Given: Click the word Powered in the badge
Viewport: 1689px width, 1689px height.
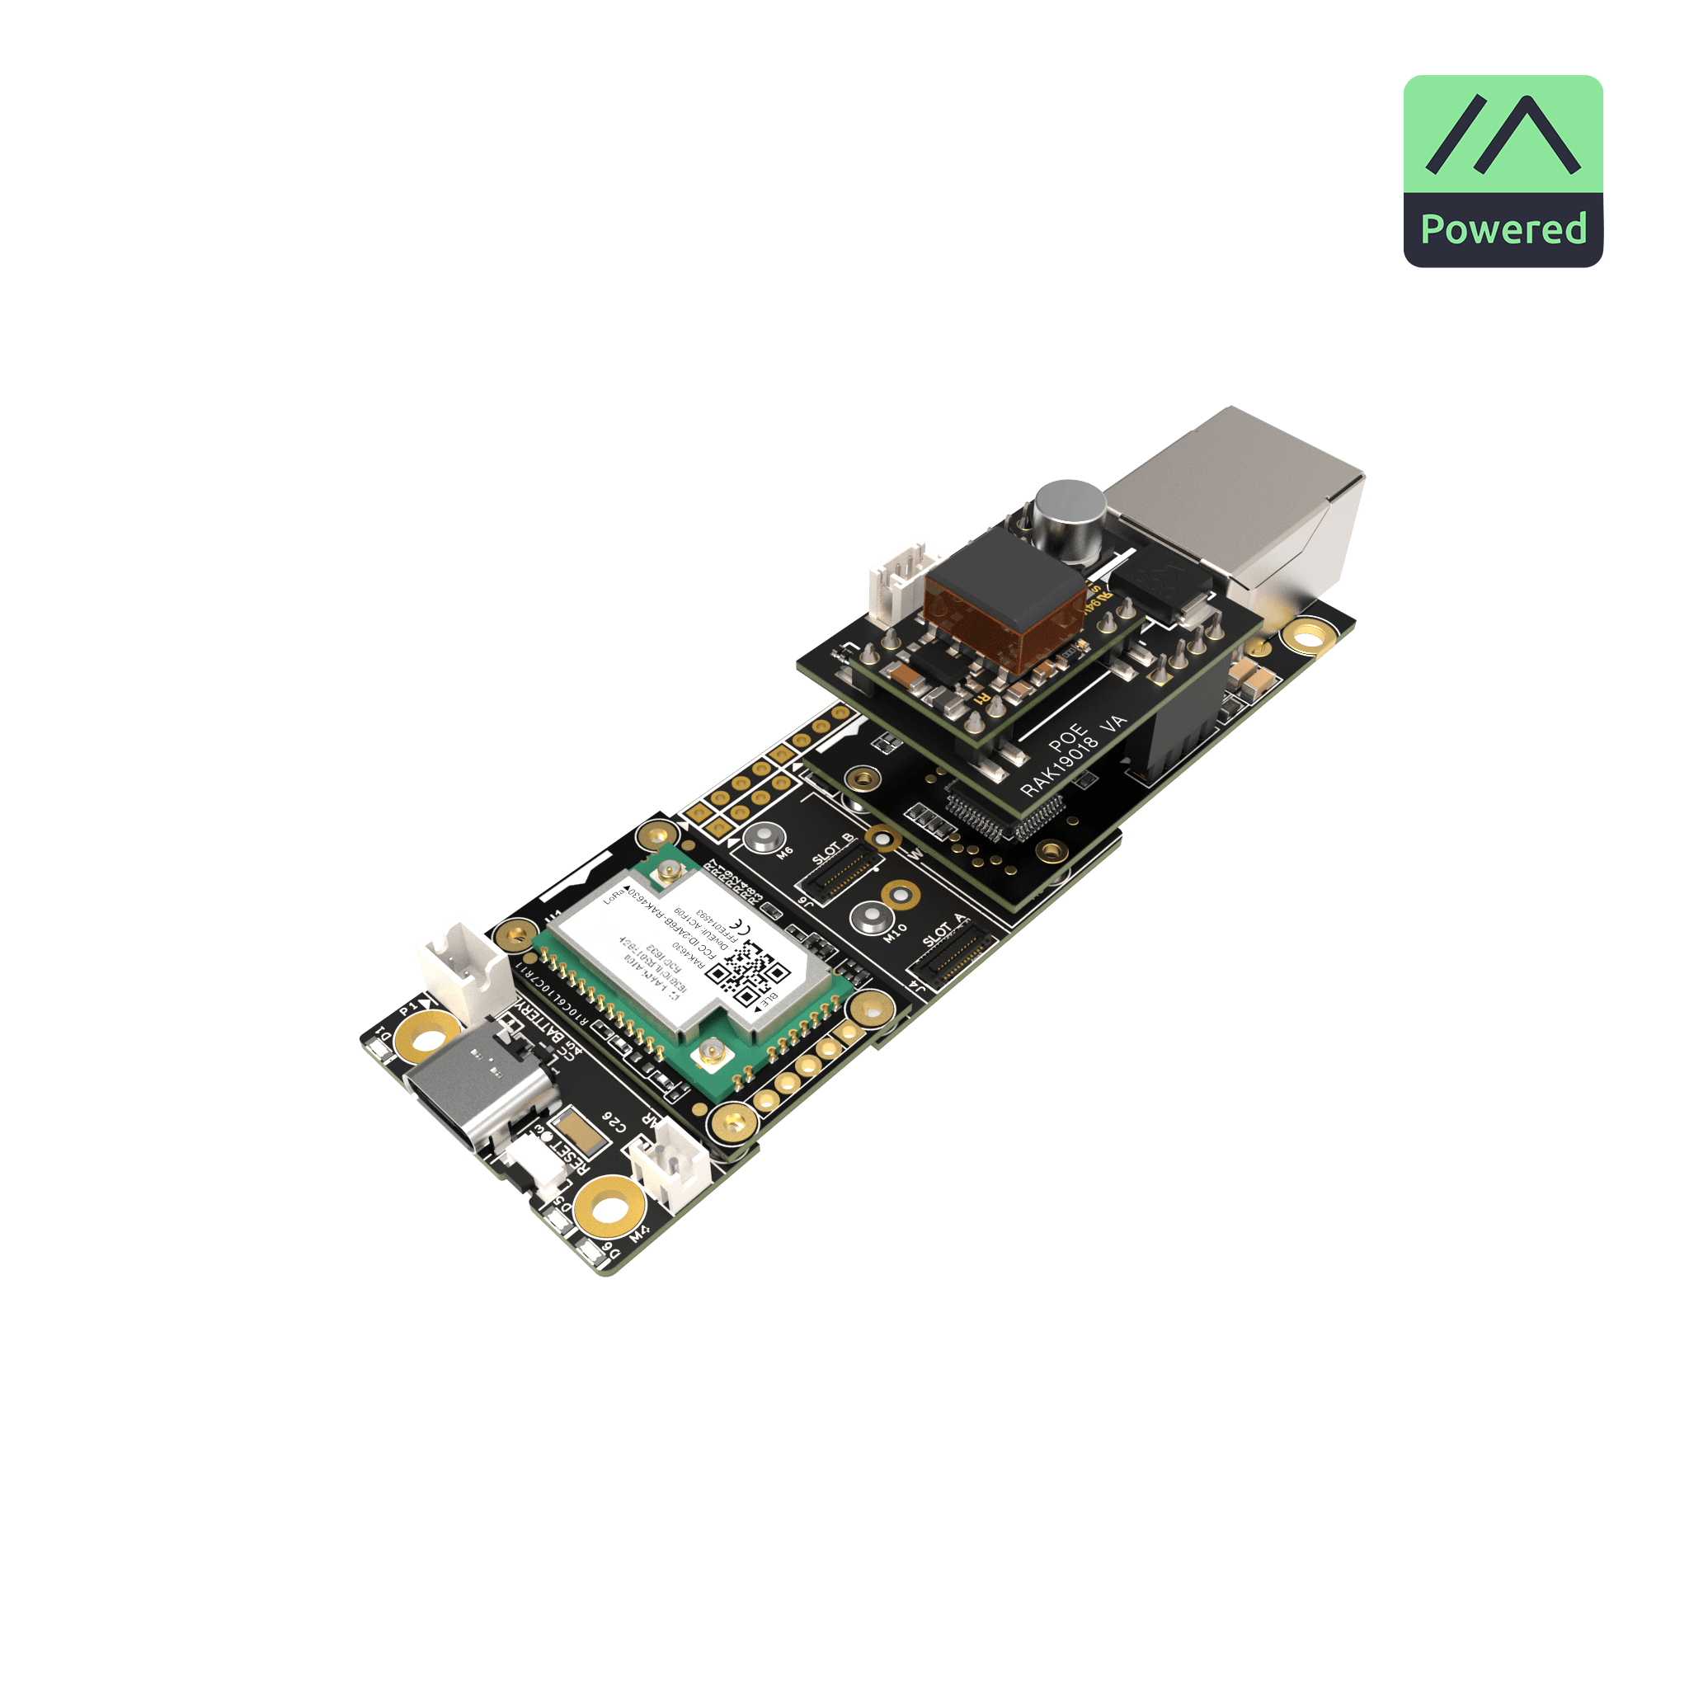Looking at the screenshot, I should (x=1503, y=229).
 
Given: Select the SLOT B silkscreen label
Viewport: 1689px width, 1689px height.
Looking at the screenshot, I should (x=832, y=849).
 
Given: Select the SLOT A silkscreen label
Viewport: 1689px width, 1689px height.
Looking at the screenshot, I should (x=944, y=931).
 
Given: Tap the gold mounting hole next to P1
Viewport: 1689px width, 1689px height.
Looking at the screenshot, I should (x=427, y=1040).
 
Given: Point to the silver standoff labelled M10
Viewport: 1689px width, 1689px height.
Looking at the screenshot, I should (x=870, y=917).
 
